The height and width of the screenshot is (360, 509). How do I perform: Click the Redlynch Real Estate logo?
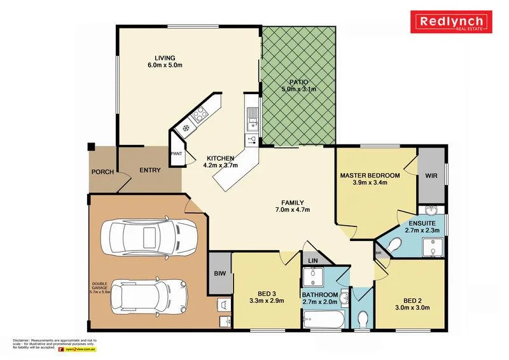pyautogui.click(x=452, y=24)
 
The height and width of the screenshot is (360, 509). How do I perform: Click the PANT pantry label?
pyautogui.click(x=176, y=154)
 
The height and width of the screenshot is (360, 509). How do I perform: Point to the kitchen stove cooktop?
pyautogui.click(x=197, y=116)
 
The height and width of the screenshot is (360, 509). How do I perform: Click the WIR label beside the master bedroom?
pyautogui.click(x=431, y=175)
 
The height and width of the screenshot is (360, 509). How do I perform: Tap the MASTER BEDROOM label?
pyautogui.click(x=370, y=175)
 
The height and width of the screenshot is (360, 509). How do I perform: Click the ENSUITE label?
pyautogui.click(x=422, y=224)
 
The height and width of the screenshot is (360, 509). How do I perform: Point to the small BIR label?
pyautogui.click(x=378, y=253)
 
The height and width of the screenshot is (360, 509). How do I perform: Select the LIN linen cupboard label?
pyautogui.click(x=312, y=261)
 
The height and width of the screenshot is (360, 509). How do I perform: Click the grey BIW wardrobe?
pyautogui.click(x=220, y=274)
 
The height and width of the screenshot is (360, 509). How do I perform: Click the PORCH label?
pyautogui.click(x=102, y=172)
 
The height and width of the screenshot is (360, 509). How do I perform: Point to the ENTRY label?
pyautogui.click(x=150, y=170)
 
